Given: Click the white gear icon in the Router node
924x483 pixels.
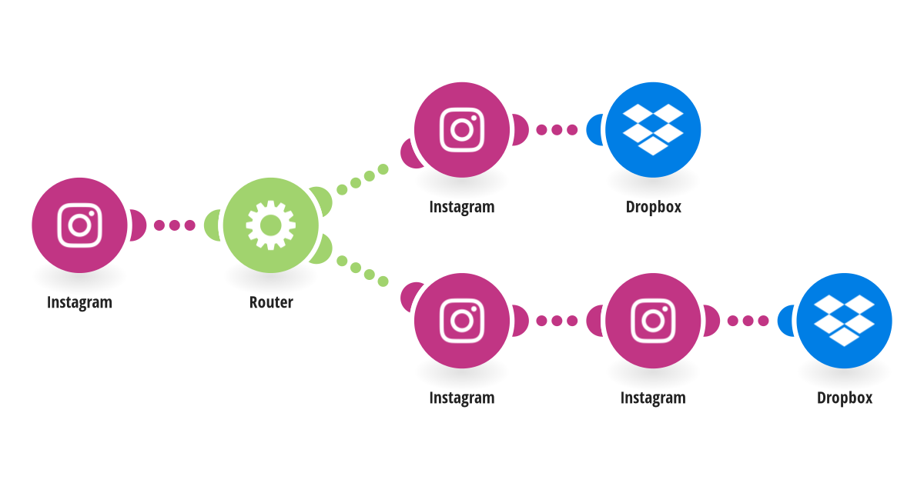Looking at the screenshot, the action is coord(270,225).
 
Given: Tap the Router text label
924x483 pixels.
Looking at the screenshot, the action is coord(271,302).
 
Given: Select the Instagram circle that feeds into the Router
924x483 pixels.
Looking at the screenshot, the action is coord(79,225).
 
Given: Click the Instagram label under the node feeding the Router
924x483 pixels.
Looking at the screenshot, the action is coord(79,302).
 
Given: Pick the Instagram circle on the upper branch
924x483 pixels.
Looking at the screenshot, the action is coord(462,130).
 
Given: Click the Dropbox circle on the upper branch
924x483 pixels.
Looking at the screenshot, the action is coord(653,130).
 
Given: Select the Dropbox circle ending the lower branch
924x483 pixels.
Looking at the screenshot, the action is coord(845,321).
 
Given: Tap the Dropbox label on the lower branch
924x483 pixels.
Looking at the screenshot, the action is coord(845,398).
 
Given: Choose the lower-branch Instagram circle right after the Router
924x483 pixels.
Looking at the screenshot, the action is coord(462,321).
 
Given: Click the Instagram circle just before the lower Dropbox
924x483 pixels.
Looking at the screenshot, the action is coord(653,321).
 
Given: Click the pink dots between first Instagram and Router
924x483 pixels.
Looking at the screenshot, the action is coord(175,225).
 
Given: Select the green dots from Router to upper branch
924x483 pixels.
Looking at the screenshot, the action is coord(363,179).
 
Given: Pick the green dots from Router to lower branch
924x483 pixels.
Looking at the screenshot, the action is coord(363,271).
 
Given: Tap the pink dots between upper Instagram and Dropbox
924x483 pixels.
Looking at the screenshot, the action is coord(557,130).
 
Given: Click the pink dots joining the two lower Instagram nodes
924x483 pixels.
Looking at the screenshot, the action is coord(557,321).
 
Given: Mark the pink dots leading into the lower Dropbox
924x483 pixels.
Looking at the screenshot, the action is coord(748,321).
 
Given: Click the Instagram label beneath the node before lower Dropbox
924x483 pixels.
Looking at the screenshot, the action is coord(654,398).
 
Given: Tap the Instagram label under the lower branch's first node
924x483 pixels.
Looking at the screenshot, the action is coord(462,398).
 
